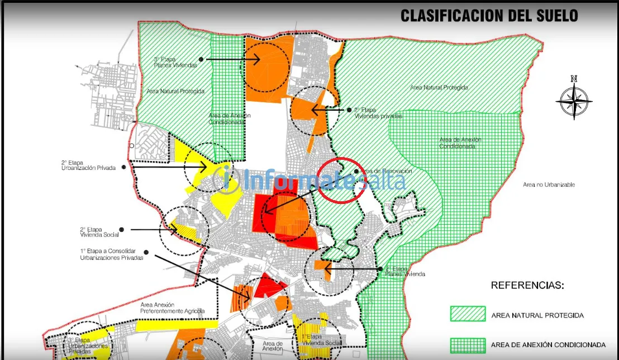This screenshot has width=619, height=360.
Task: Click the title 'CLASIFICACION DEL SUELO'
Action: click(x=489, y=15)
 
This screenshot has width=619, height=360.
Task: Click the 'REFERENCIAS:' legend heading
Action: click(x=527, y=285)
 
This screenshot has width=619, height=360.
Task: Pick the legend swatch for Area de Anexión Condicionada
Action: click(x=468, y=344)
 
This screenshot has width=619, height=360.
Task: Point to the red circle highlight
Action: click(x=342, y=179)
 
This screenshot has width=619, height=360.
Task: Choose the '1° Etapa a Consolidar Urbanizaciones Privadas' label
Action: click(x=112, y=255)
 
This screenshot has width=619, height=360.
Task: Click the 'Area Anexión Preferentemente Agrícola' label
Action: click(x=165, y=307)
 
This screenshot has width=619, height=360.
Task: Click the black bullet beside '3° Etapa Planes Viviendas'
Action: click(x=201, y=59)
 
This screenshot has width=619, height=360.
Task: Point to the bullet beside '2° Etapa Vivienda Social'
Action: click(x=121, y=230)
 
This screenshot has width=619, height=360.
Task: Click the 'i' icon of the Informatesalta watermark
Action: click(x=226, y=178)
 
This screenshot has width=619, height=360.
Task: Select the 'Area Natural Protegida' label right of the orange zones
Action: click(x=439, y=88)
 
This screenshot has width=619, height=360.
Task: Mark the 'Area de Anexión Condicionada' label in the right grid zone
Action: click(x=460, y=143)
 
